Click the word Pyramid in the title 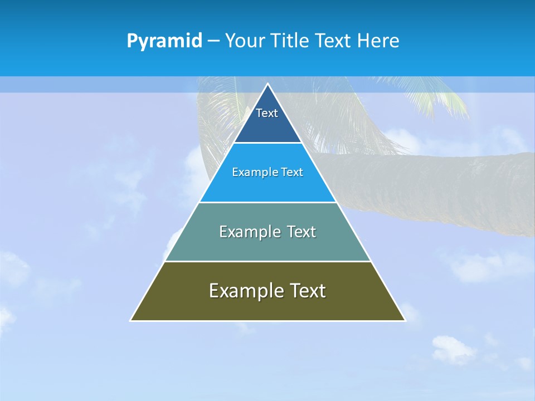pyautogui.click(x=164, y=41)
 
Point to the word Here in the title pyautogui.click(x=378, y=41)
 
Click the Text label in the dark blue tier pyautogui.click(x=267, y=113)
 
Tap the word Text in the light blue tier pyautogui.click(x=291, y=172)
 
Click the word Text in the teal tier pyautogui.click(x=301, y=232)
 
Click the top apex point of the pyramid pyautogui.click(x=267, y=84)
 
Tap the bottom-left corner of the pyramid pyautogui.click(x=131, y=320)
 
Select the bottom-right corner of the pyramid pyautogui.click(x=405, y=320)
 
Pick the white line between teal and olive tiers pyautogui.click(x=267, y=261)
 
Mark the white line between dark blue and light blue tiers pyautogui.click(x=267, y=143)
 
